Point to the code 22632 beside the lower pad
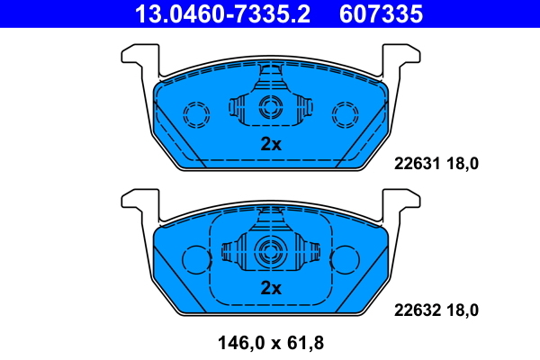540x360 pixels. tap(416, 310)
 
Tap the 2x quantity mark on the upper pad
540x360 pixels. tap(270, 144)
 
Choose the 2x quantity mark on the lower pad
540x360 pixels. tap(270, 288)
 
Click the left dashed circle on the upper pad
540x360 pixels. tap(195, 113)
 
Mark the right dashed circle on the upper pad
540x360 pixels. tap(345, 113)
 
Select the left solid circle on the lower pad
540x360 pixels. tap(195, 259)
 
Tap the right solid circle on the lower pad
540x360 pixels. tap(345, 259)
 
